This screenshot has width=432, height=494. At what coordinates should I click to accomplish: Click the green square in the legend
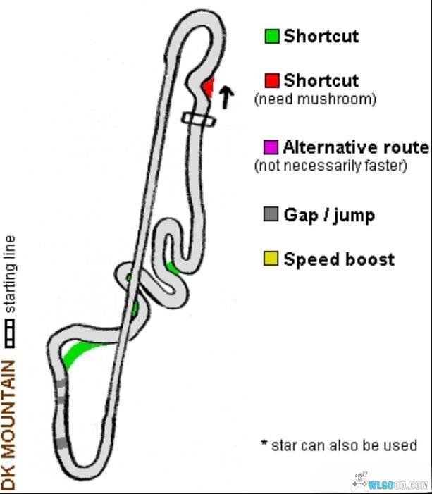coord(272,36)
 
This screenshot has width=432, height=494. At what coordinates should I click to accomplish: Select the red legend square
coord(272,80)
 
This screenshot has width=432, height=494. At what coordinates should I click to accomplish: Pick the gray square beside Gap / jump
coord(271,214)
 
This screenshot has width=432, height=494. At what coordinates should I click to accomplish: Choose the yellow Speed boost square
coord(271,259)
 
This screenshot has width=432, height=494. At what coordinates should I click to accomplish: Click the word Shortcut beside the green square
coord(321,36)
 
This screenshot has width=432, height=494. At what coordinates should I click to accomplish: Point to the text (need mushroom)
coord(315,99)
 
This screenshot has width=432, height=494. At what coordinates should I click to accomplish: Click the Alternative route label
coord(356,147)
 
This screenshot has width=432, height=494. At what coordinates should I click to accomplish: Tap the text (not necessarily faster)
coord(331,166)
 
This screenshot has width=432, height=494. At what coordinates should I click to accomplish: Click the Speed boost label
coord(339,259)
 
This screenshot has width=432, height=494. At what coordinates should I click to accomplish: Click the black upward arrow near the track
coord(226,97)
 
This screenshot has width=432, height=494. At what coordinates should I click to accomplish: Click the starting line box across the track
coord(198,120)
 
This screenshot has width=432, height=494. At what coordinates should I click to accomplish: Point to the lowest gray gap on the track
coord(63,443)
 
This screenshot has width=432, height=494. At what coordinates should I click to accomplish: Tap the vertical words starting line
coord(9,275)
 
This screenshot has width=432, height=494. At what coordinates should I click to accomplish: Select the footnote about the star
coord(338,445)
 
